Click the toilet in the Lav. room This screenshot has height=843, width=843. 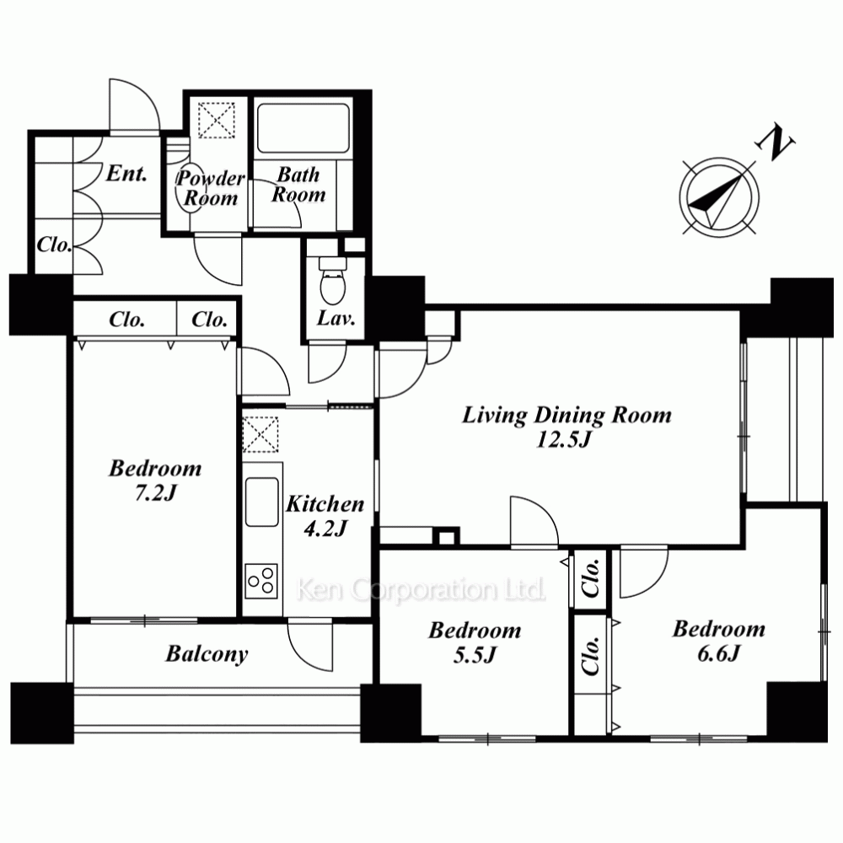[x=333, y=280]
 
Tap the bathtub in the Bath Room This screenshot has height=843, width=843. [x=303, y=128]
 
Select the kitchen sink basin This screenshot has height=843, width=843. [x=262, y=502]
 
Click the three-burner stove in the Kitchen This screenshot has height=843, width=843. [x=261, y=581]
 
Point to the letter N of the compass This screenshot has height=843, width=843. [x=775, y=142]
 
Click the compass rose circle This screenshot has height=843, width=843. [x=719, y=196]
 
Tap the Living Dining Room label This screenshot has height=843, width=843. [x=566, y=416]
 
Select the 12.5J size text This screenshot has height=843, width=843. [x=563, y=440]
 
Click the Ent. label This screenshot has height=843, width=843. [x=126, y=173]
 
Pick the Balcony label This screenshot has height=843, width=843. [x=207, y=654]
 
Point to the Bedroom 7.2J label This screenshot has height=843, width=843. [x=155, y=481]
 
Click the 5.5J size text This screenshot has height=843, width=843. [x=474, y=655]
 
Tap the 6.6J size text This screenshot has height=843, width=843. [x=719, y=653]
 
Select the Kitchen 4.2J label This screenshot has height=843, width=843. [x=325, y=516]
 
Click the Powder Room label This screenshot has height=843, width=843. [x=211, y=188]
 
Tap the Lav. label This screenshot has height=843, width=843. [x=336, y=319]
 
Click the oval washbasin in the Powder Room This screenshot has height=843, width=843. [x=189, y=188]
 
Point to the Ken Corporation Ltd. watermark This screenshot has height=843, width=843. [x=421, y=590]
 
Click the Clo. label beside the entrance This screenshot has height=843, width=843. [x=54, y=245]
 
